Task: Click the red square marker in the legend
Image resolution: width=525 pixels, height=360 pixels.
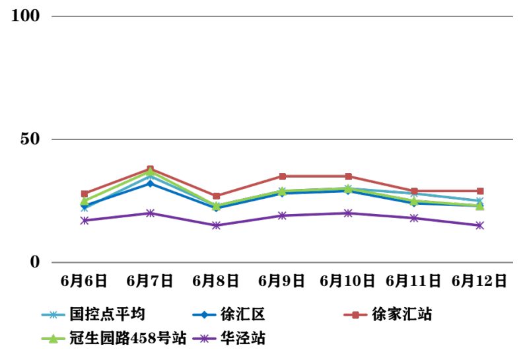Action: point(355,315)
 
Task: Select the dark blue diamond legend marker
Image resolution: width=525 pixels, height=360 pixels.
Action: point(204,315)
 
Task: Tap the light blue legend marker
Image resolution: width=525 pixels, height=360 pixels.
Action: point(53,315)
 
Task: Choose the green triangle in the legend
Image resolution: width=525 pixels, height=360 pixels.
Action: point(53,339)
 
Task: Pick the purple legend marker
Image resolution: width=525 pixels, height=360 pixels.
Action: point(204,339)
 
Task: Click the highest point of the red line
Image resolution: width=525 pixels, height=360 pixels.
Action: point(150,169)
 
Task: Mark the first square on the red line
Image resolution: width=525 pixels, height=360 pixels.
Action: point(85,194)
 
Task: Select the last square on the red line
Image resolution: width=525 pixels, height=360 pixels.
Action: point(480,191)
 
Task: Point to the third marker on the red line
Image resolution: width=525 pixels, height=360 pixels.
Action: point(216,196)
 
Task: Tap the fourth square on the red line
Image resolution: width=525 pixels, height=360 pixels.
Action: point(282,176)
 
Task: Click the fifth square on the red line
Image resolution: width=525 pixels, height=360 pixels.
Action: point(348,176)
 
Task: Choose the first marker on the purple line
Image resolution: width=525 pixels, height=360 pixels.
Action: point(85,221)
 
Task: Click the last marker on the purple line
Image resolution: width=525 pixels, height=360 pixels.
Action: point(480,225)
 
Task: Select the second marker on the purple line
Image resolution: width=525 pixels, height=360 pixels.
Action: point(150,213)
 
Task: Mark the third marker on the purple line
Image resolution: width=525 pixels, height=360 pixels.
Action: point(216,225)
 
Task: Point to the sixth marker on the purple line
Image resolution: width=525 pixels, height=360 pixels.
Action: point(414,218)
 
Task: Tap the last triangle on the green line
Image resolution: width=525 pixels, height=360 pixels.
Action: point(480,205)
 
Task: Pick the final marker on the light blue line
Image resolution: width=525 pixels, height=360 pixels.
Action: point(480,201)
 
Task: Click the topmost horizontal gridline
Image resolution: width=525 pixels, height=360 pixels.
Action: point(282,16)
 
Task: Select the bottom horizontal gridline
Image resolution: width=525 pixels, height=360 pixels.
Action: point(282,262)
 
